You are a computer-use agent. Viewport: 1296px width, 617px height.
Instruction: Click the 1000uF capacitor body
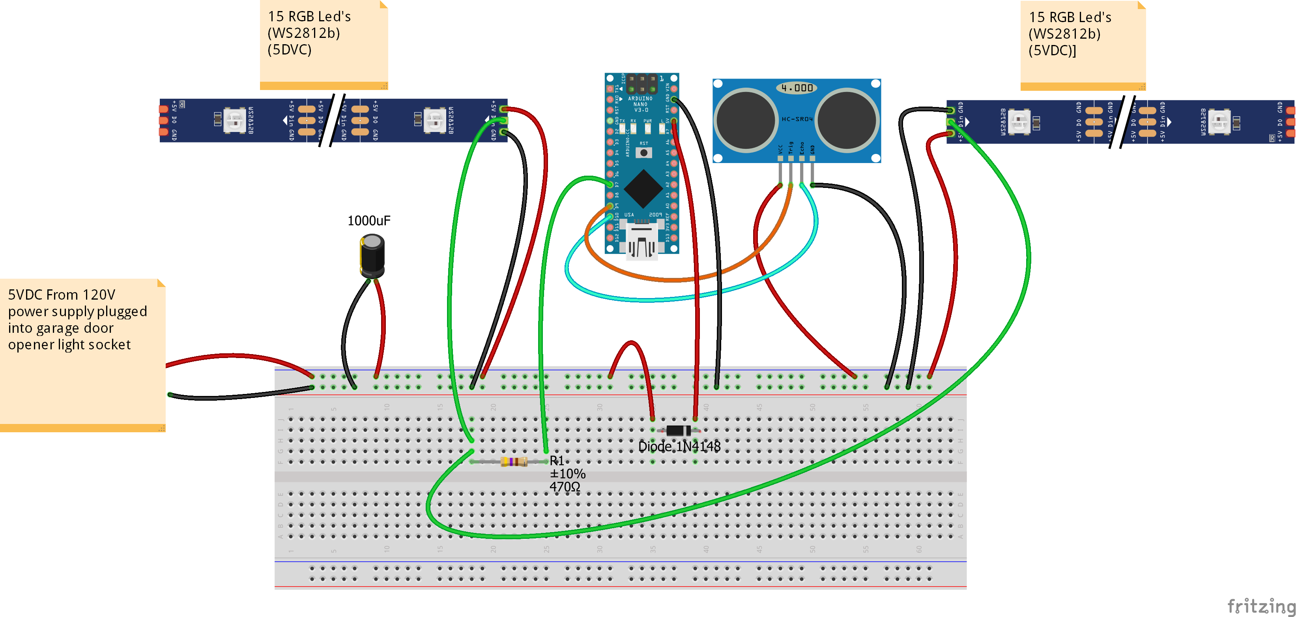tap(372, 257)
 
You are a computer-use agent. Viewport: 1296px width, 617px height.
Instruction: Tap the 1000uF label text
tap(369, 220)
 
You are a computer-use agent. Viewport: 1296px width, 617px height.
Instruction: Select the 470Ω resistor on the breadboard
tap(513, 461)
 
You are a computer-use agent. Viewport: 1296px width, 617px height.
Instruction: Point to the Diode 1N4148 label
tap(679, 446)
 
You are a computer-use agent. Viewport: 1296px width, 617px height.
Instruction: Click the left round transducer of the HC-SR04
tap(745, 120)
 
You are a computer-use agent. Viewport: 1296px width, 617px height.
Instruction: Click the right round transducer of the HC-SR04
tap(847, 120)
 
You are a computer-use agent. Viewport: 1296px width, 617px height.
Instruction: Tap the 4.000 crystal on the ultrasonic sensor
tap(797, 88)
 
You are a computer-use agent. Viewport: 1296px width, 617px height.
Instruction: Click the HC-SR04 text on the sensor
tap(797, 119)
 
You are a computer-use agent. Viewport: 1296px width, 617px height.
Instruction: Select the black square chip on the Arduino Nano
tap(643, 189)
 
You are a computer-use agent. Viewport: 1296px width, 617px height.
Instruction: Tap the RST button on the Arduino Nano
tap(643, 152)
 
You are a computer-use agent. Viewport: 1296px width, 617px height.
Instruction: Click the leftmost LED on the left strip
tap(234, 120)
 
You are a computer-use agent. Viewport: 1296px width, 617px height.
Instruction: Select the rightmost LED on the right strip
tap(1219, 121)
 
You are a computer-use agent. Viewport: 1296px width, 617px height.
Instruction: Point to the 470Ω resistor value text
tap(565, 487)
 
